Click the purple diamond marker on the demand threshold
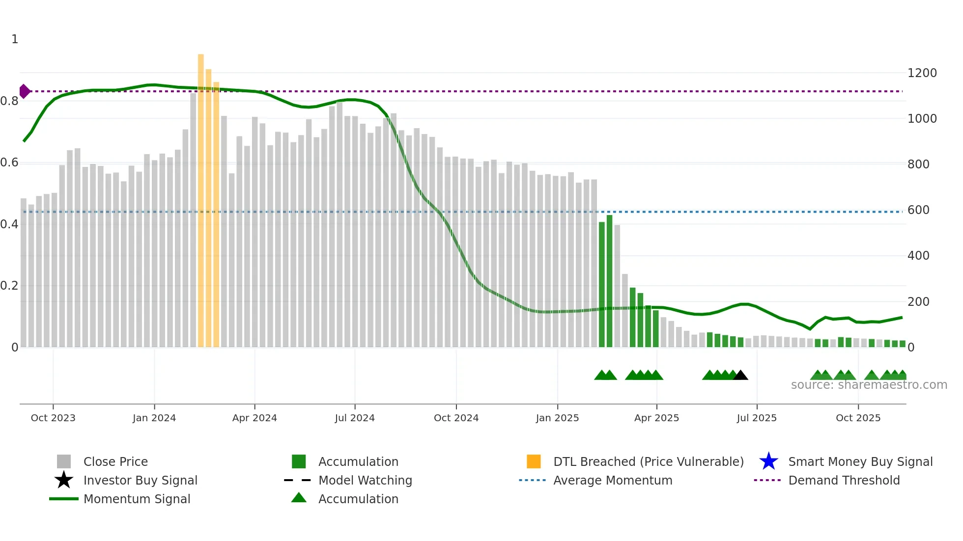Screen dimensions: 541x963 click(24, 91)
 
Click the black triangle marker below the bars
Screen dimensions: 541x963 click(740, 375)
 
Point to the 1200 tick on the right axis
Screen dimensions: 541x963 click(922, 73)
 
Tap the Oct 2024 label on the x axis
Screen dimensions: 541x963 click(456, 418)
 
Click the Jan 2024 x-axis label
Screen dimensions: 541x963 click(154, 418)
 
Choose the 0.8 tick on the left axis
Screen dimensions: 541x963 click(9, 101)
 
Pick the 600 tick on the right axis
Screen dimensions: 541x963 click(918, 210)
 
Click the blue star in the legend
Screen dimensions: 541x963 click(768, 461)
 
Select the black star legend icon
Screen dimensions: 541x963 click(64, 480)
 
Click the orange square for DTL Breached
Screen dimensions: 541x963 click(534, 461)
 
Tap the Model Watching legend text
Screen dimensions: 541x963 click(365, 480)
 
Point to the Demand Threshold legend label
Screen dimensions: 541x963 click(844, 480)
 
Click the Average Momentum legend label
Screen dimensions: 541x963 click(613, 480)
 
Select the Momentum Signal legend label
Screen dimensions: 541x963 click(137, 499)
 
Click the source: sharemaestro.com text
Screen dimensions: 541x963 click(869, 385)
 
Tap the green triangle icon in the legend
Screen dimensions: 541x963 click(299, 498)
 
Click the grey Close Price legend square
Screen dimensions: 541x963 click(64, 461)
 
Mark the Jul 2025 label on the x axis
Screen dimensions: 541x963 click(757, 418)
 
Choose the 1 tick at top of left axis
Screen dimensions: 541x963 click(15, 39)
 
